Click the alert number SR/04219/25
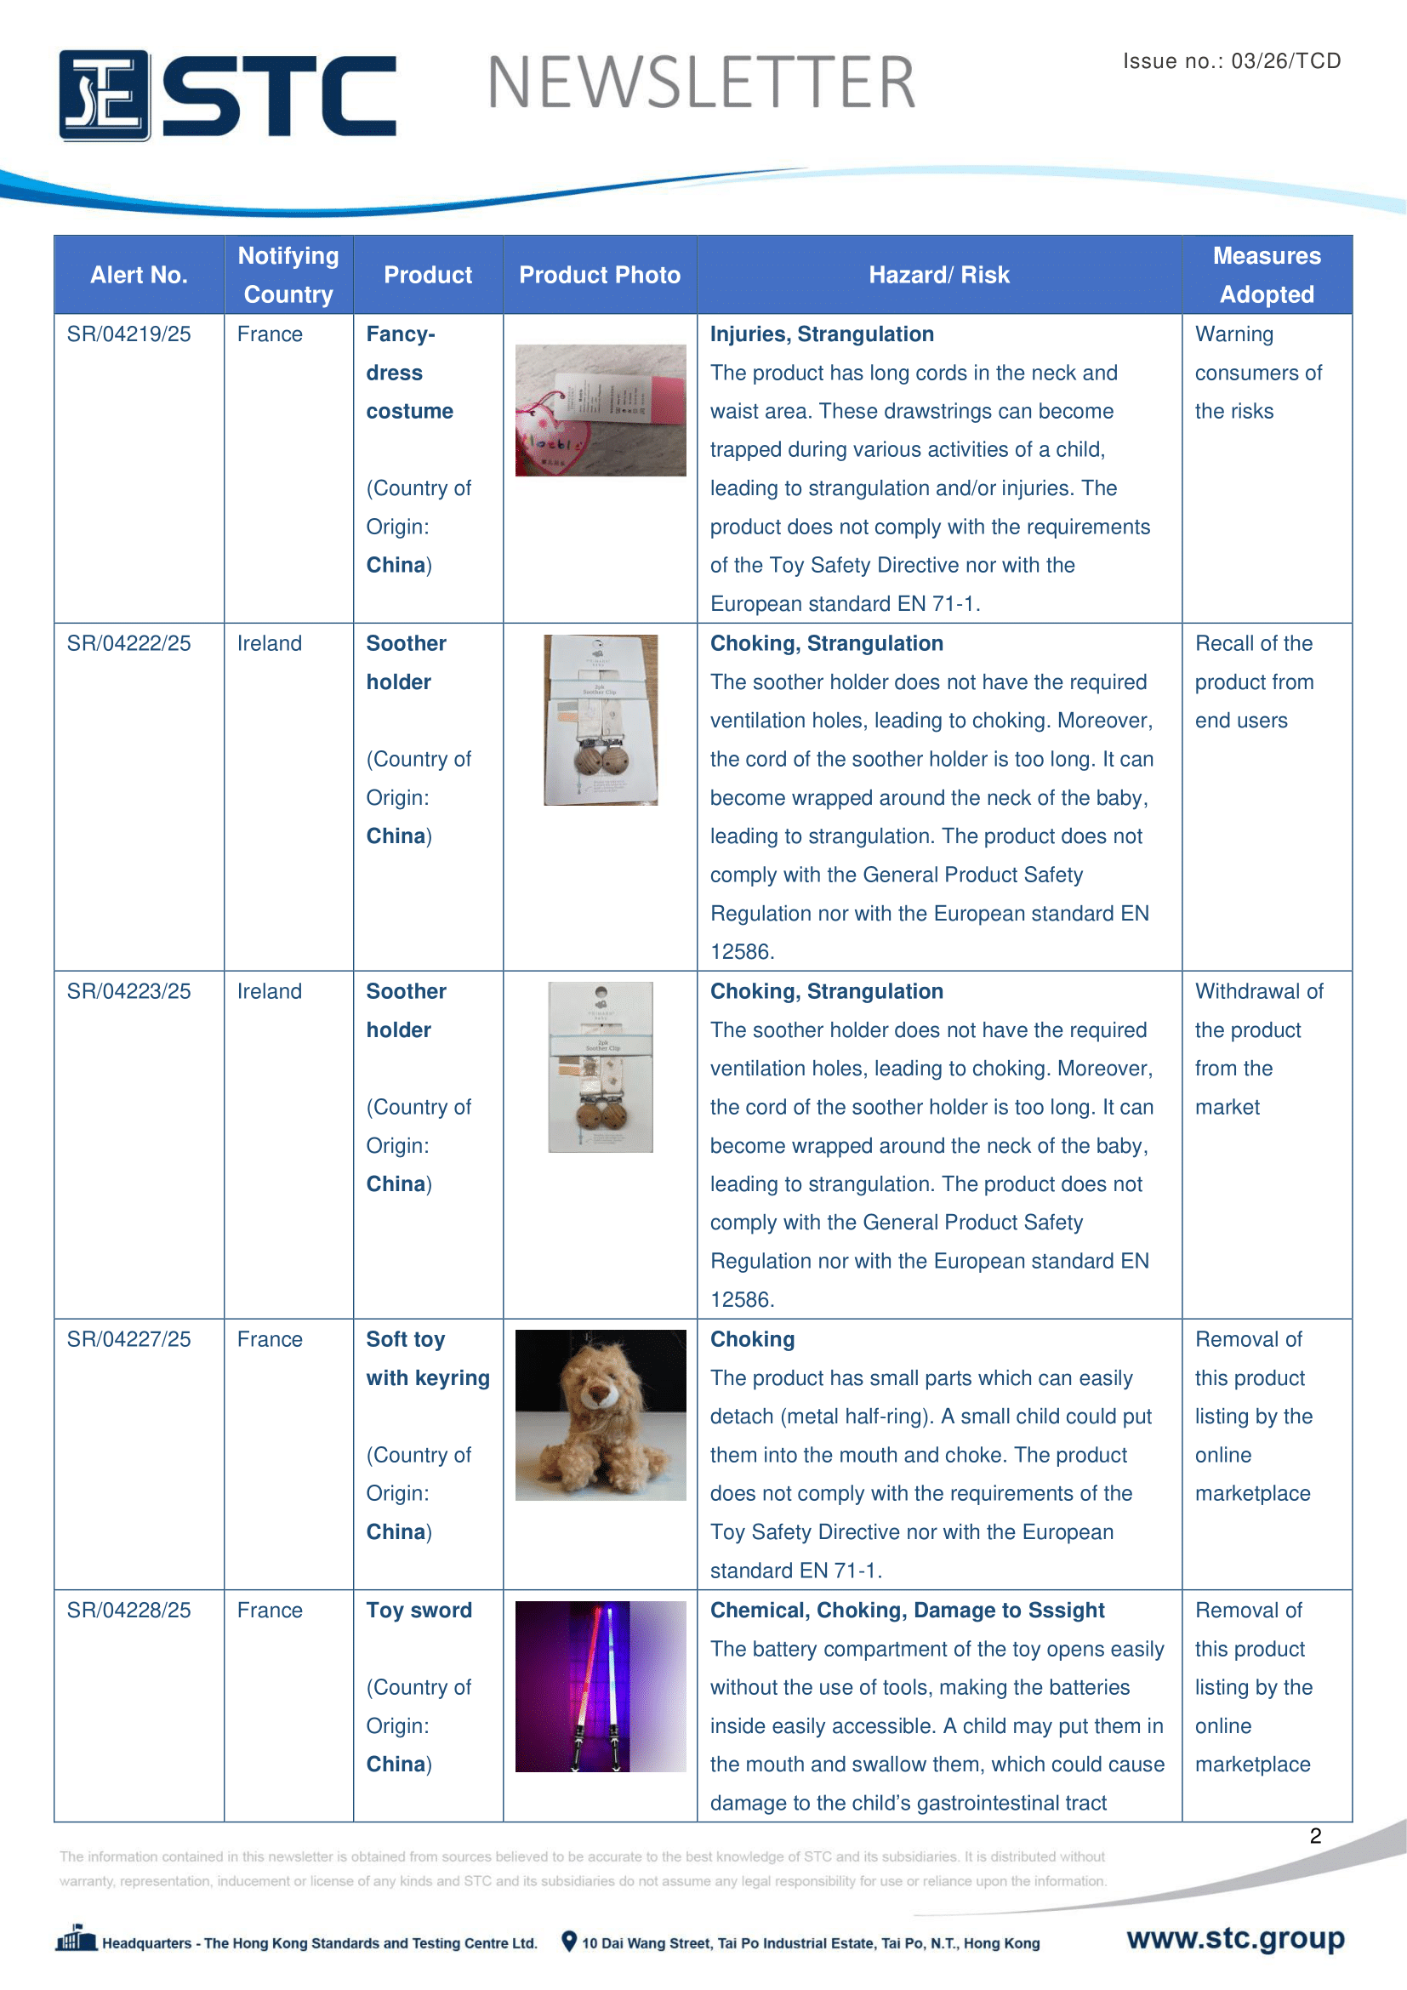click(x=129, y=334)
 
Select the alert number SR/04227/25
click(x=129, y=1339)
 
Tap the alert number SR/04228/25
click(x=129, y=1611)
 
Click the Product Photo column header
click(x=600, y=276)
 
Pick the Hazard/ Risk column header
click(x=939, y=276)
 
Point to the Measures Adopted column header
click(x=1267, y=275)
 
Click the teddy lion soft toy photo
click(x=601, y=1415)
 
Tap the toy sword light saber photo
click(x=601, y=1685)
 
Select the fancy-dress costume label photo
click(x=601, y=410)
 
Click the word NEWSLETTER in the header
click(x=702, y=83)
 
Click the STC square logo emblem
click(x=105, y=95)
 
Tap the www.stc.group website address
click(x=1235, y=1938)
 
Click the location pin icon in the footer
click(x=569, y=1942)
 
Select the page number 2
click(x=1315, y=1836)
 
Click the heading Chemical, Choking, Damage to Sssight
click(x=907, y=1611)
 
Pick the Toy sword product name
click(x=419, y=1611)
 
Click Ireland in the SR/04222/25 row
click(x=270, y=644)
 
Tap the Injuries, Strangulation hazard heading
click(x=823, y=334)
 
